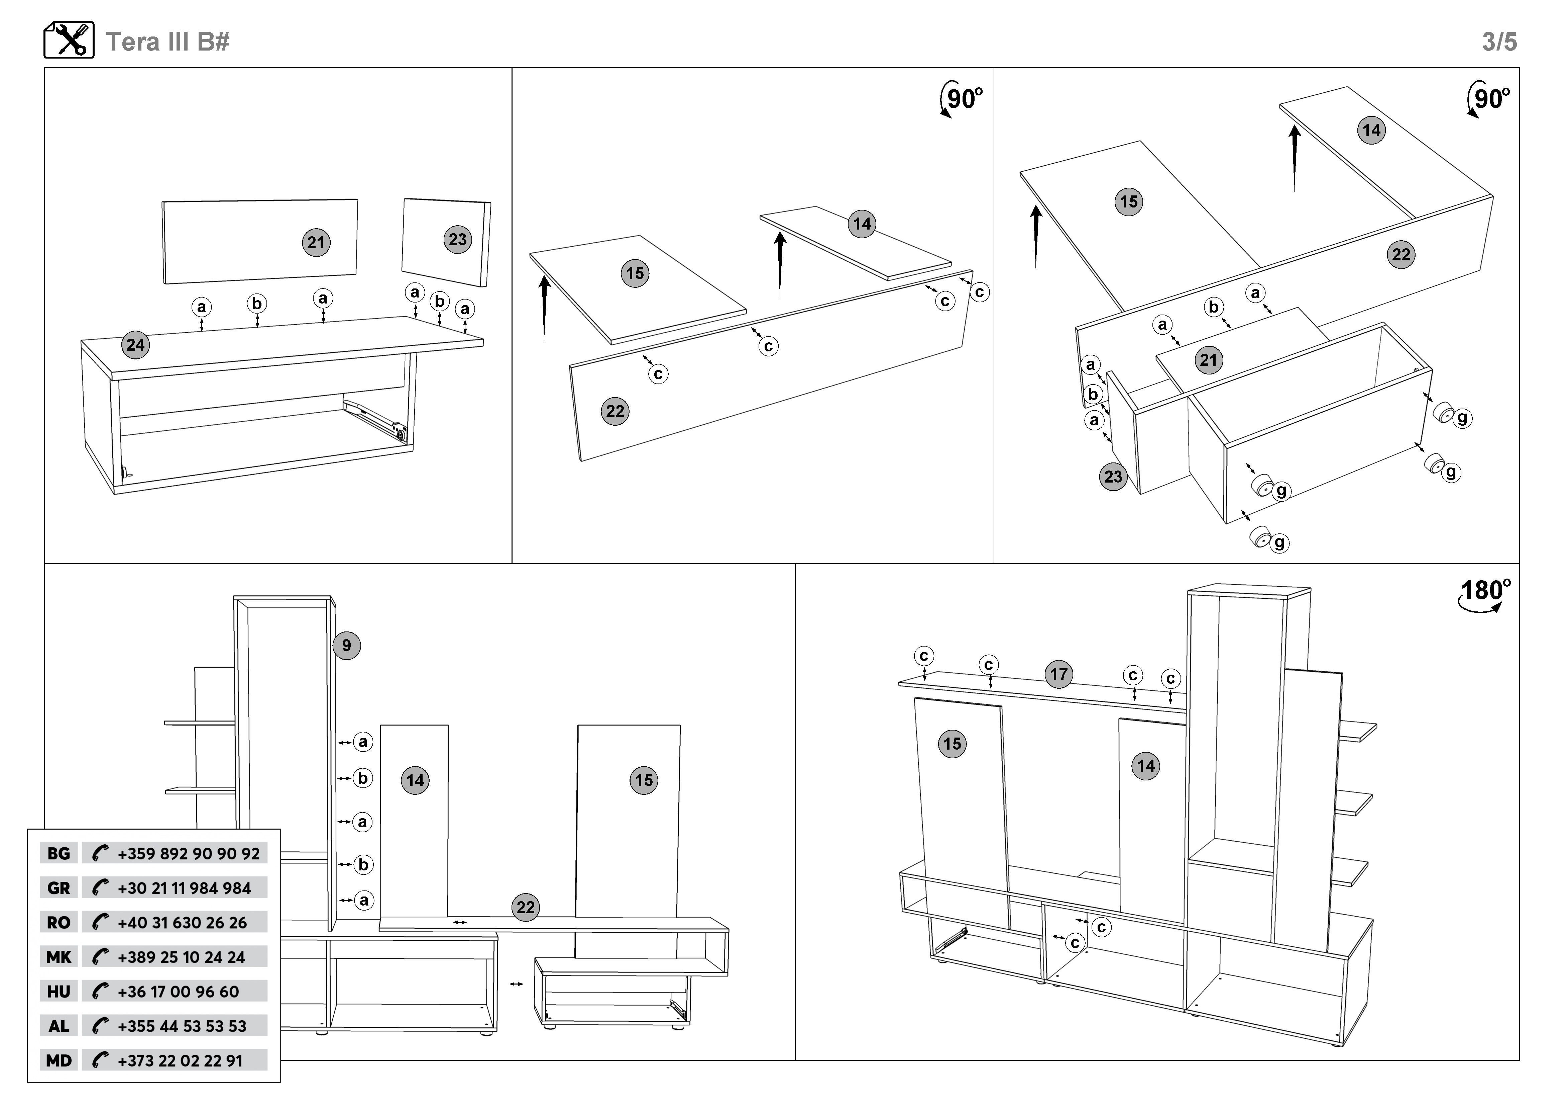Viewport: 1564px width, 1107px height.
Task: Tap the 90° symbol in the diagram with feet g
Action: point(1489,99)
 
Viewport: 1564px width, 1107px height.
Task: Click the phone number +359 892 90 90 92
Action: point(188,853)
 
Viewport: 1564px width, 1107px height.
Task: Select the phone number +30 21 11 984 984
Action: point(184,888)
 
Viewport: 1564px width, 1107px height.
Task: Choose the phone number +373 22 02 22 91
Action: point(180,1060)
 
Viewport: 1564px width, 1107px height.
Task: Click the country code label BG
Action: point(59,853)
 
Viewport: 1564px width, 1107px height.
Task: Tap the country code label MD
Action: point(59,1060)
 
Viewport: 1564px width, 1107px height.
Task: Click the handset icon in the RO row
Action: point(100,922)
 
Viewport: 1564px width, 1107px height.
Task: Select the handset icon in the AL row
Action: point(100,1026)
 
